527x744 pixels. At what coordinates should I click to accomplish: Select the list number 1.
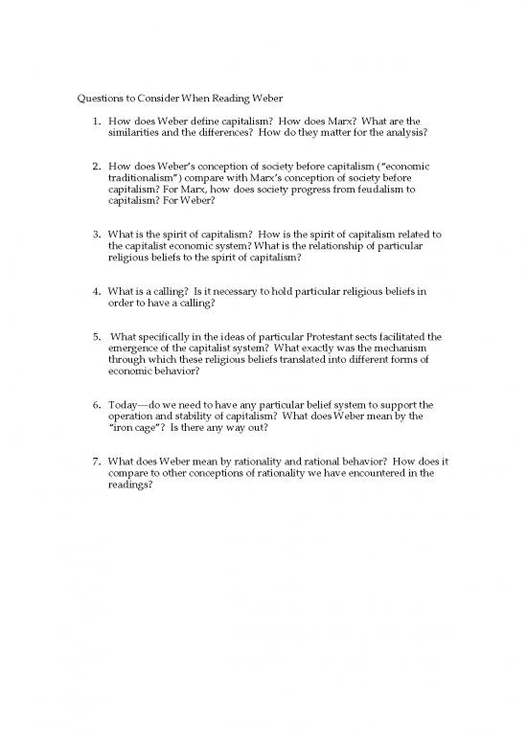point(99,122)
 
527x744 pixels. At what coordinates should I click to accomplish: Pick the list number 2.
point(98,166)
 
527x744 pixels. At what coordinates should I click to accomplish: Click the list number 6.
point(98,405)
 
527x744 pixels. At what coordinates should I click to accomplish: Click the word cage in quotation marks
point(149,429)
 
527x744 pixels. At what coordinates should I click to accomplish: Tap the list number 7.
point(98,461)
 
